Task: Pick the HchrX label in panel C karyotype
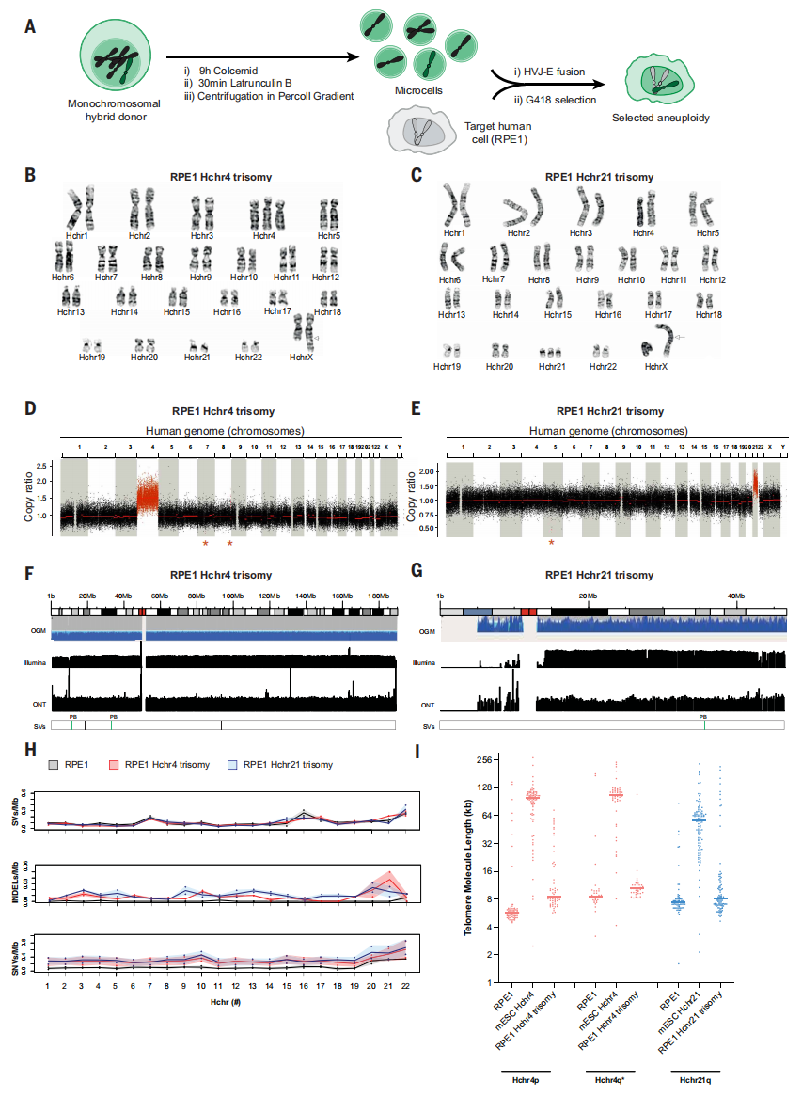[656, 365]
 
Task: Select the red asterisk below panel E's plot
[552, 543]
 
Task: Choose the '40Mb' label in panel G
[734, 596]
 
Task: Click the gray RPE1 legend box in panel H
[57, 764]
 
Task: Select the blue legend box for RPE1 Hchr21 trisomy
[231, 764]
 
